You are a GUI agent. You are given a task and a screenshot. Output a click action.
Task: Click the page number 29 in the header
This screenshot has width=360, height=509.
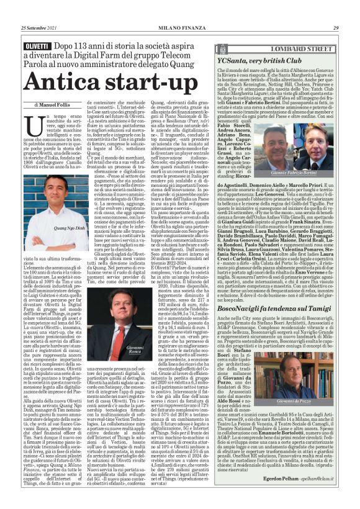(x=335, y=11)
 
